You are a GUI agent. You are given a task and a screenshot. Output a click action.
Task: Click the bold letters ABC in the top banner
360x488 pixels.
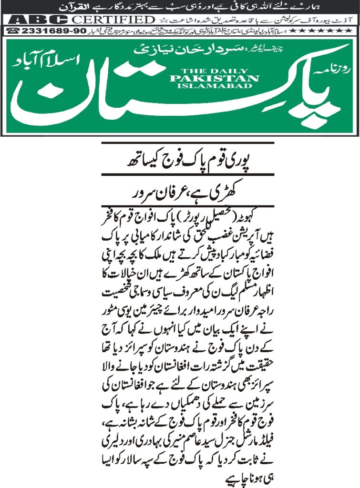(35, 20)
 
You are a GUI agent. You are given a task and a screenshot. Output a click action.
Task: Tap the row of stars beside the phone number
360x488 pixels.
(327, 30)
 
